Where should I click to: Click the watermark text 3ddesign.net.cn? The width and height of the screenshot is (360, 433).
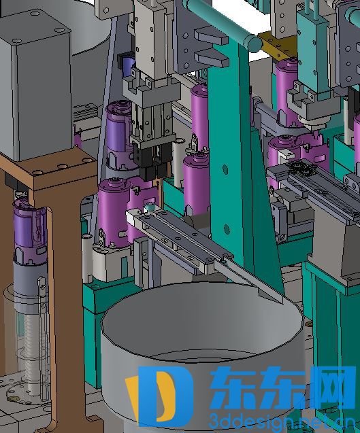coord(282,421)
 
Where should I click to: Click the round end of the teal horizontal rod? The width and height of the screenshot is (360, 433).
coord(255,43)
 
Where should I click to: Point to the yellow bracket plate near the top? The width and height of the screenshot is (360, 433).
coord(278,46)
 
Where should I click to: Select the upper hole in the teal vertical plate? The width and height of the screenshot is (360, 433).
coord(225,169)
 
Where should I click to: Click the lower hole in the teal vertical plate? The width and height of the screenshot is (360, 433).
coord(227,228)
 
